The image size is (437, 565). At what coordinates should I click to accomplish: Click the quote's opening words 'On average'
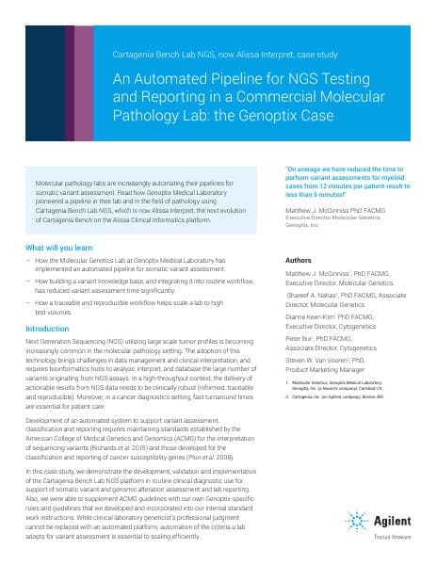pyautogui.click(x=300, y=169)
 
